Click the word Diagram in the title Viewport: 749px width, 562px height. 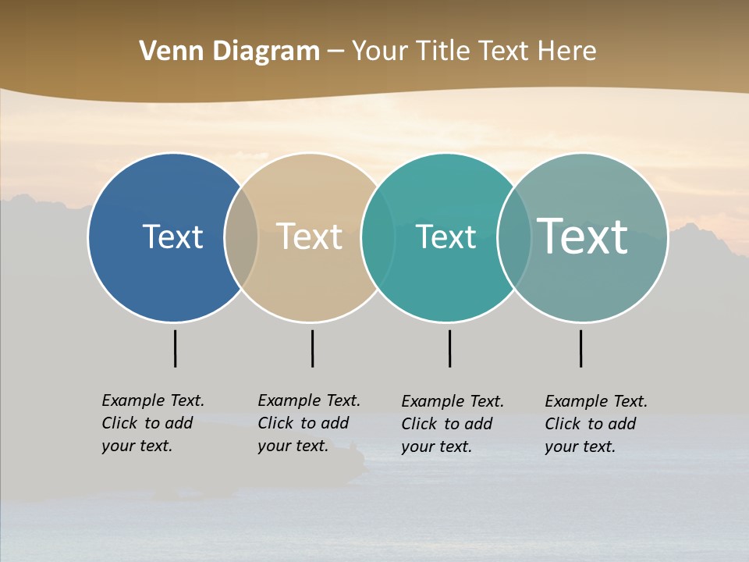tap(266, 52)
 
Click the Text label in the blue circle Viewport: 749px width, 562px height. tap(172, 237)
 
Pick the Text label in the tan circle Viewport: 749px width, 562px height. tap(310, 237)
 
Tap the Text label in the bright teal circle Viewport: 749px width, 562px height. tap(445, 237)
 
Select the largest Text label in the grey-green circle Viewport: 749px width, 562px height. tap(583, 236)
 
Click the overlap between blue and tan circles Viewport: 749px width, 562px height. tap(242, 237)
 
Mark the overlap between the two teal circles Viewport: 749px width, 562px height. tap(514, 237)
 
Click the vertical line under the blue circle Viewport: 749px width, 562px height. tap(175, 348)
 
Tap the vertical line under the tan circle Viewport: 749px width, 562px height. tap(312, 348)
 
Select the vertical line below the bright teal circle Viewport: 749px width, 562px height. tap(449, 348)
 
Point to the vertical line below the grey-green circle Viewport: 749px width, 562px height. tap(580, 348)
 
